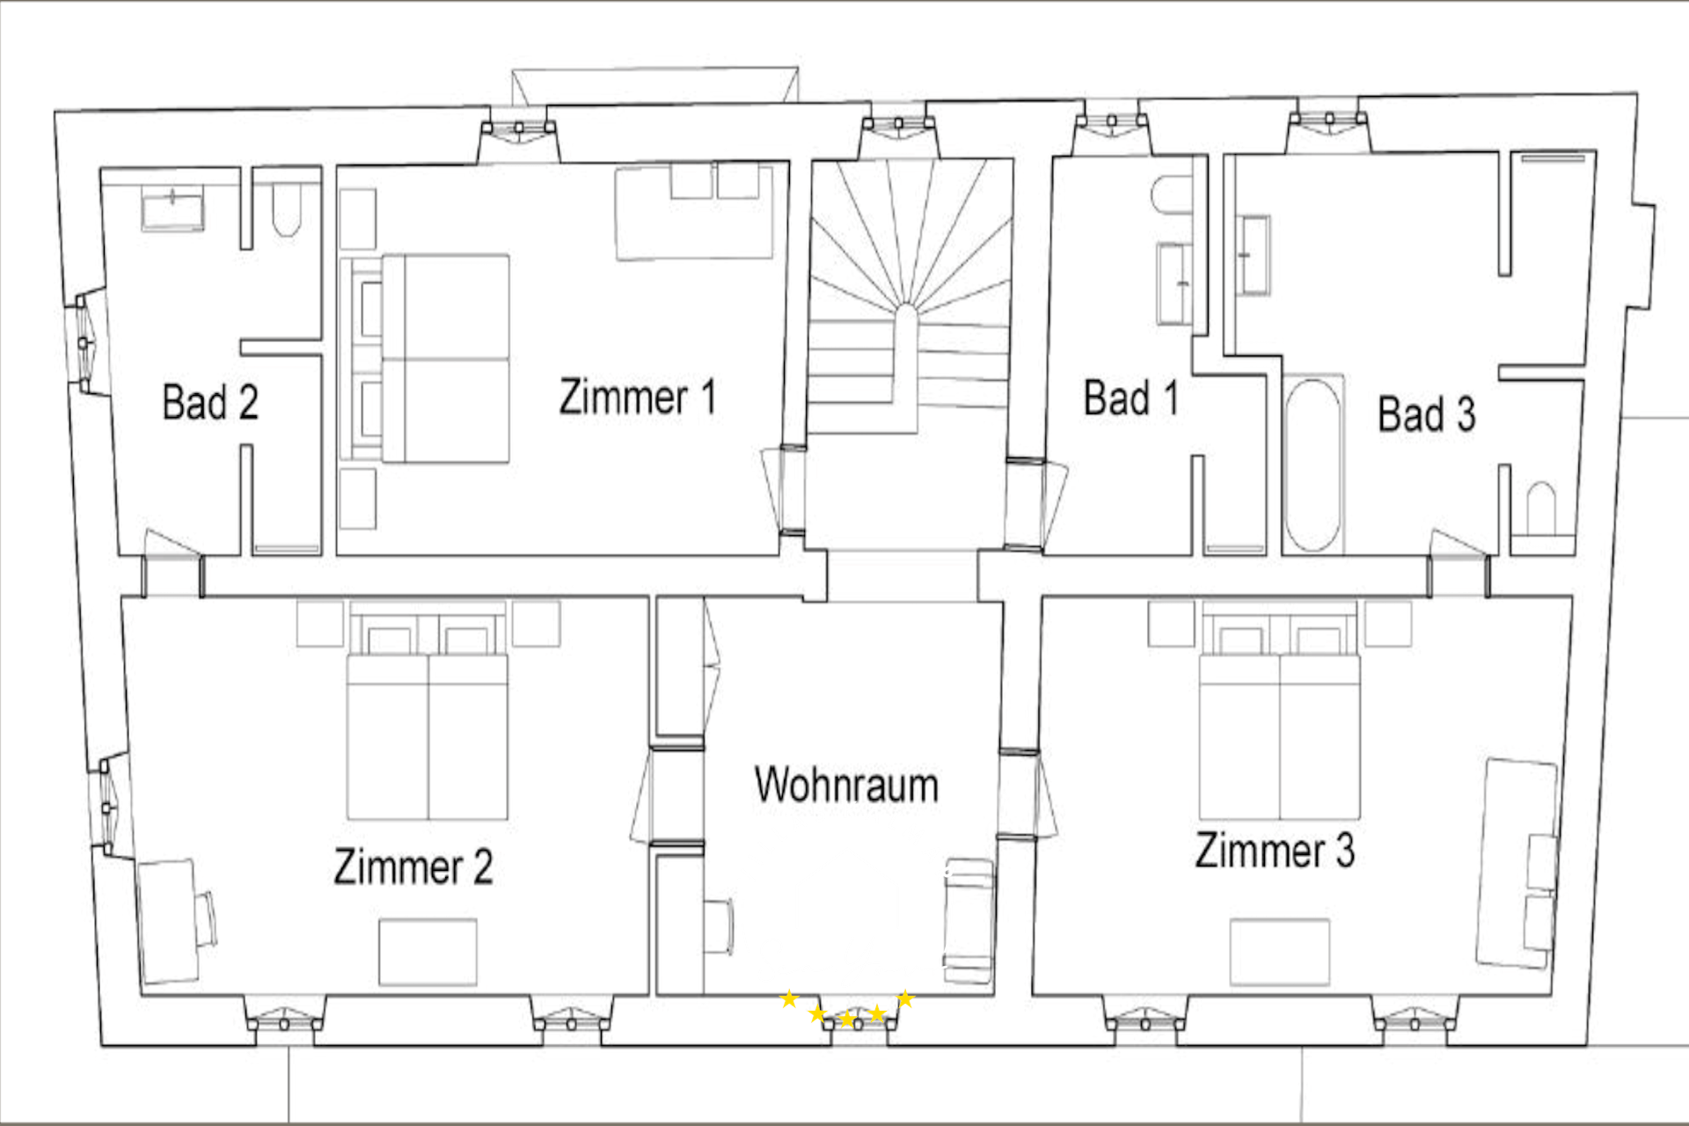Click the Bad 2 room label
coord(210,402)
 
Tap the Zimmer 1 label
coord(638,396)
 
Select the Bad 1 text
coord(1131,398)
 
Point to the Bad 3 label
coord(1426,413)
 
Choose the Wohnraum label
coord(846,784)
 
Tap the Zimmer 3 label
coord(1275,850)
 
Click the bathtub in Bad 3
coord(1312,464)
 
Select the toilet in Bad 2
coord(287,209)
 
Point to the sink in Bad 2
coord(172,208)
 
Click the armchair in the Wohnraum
coord(969,920)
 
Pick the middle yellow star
coord(847,1020)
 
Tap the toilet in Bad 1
coord(1171,194)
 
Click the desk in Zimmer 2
coord(167,921)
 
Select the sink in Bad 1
coord(1174,284)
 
